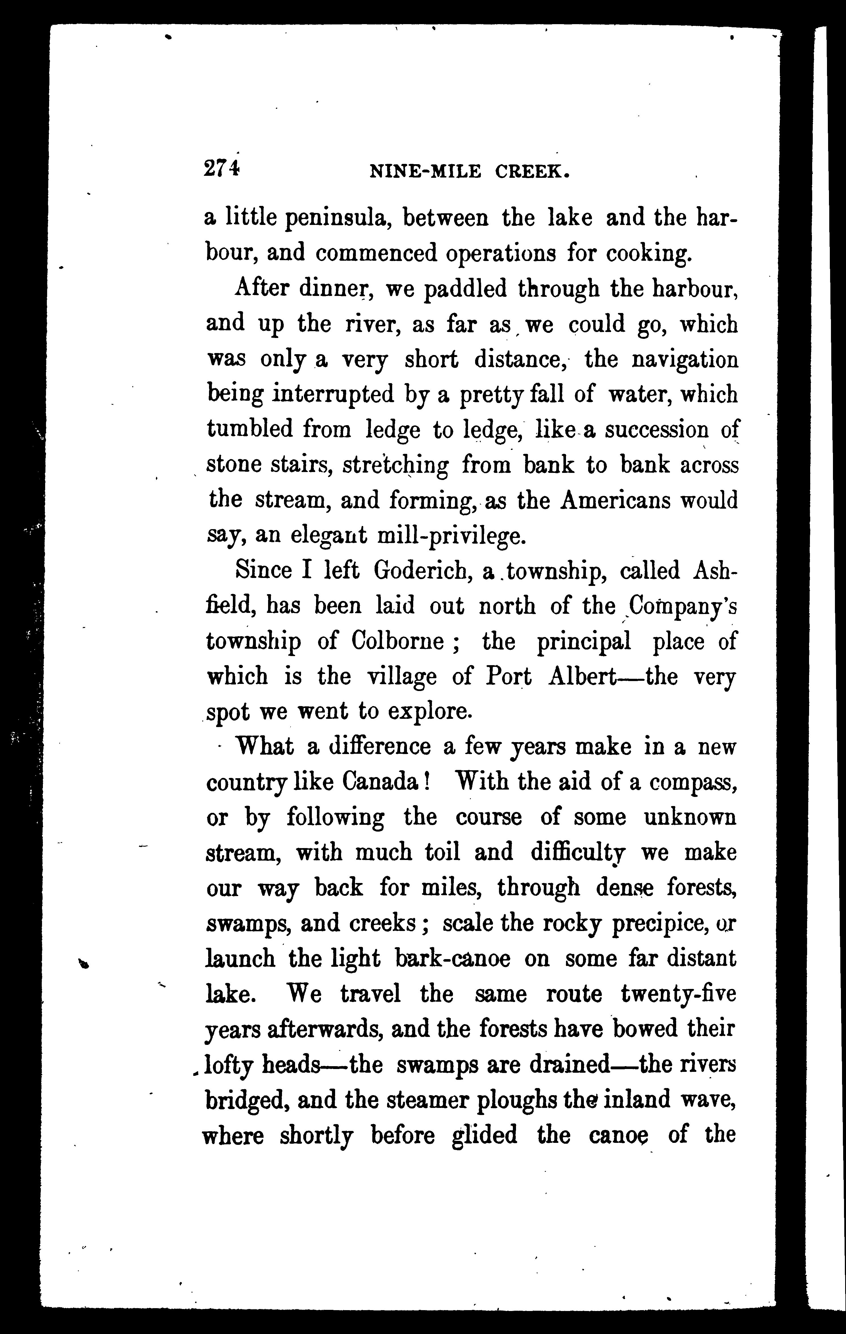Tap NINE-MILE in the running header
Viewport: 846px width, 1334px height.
tap(425, 172)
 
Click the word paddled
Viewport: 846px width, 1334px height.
tap(465, 289)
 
